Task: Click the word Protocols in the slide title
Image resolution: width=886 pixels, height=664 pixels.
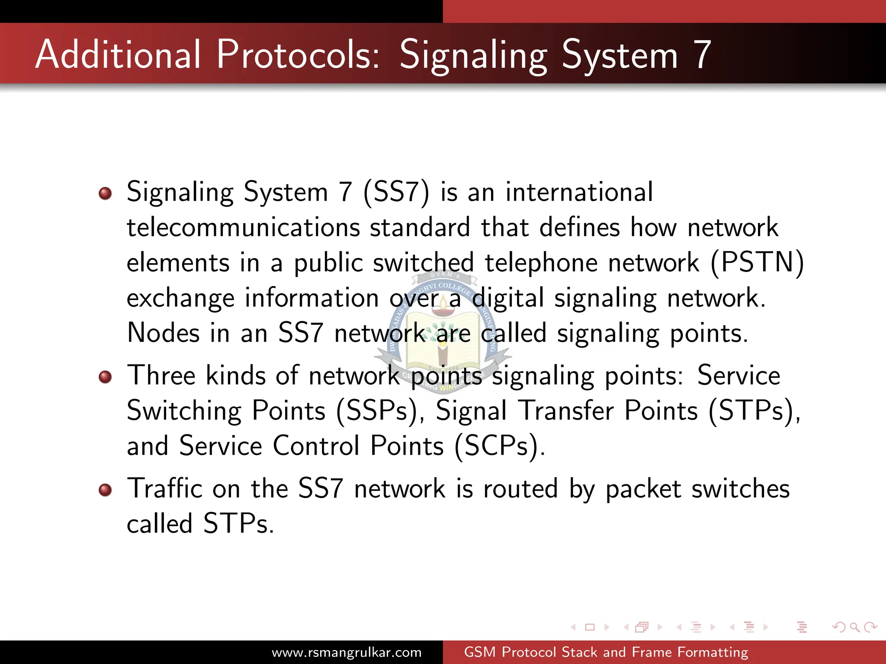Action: tap(298, 54)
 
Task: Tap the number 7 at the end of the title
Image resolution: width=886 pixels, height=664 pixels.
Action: tap(702, 55)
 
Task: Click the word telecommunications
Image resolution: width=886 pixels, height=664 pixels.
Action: tap(243, 227)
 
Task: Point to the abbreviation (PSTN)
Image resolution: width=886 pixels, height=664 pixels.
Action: tap(757, 263)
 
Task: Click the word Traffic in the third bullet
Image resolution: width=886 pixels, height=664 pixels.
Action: tap(164, 488)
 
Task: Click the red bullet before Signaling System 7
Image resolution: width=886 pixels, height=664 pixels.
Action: tap(105, 193)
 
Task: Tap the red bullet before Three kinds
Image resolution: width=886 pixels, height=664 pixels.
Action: tap(105, 377)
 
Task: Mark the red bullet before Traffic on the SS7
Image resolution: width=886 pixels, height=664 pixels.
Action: tap(105, 490)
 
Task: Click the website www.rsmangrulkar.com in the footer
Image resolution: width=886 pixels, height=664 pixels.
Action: tap(347, 652)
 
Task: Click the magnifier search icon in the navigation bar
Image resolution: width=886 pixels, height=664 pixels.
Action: tap(854, 627)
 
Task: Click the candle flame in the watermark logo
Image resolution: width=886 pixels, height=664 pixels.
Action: tap(443, 300)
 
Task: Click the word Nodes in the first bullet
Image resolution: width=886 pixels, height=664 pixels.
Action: tap(163, 333)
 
